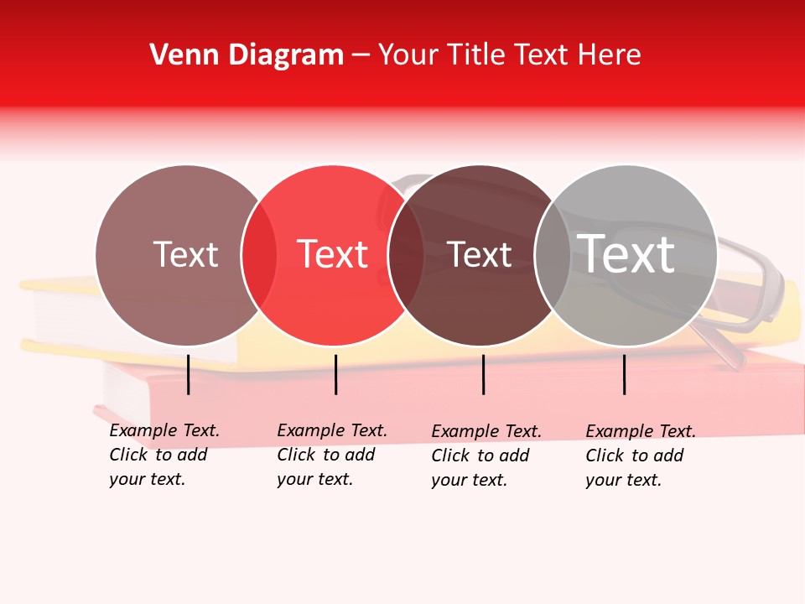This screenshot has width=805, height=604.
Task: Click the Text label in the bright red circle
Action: tap(333, 254)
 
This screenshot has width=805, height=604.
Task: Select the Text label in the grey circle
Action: tap(626, 254)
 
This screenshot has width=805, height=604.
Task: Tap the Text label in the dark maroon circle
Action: tap(480, 255)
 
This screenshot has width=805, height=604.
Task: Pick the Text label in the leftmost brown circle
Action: tap(185, 254)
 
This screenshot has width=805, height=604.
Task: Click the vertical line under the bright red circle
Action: tap(335, 374)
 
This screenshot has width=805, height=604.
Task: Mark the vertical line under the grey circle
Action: tap(624, 374)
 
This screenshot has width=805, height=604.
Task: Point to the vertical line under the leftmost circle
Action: tap(188, 374)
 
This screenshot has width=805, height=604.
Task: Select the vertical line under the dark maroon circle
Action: tap(483, 374)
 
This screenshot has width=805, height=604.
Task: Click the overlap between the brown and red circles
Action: tap(259, 255)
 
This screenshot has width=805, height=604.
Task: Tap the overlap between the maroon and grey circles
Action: tap(552, 255)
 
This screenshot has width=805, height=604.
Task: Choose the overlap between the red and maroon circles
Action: tap(406, 255)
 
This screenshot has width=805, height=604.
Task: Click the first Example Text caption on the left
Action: tap(164, 430)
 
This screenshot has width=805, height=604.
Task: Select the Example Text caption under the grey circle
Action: tap(641, 431)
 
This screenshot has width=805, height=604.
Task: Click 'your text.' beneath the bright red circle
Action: tap(314, 480)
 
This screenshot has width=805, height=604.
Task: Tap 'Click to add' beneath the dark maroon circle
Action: tap(480, 456)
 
